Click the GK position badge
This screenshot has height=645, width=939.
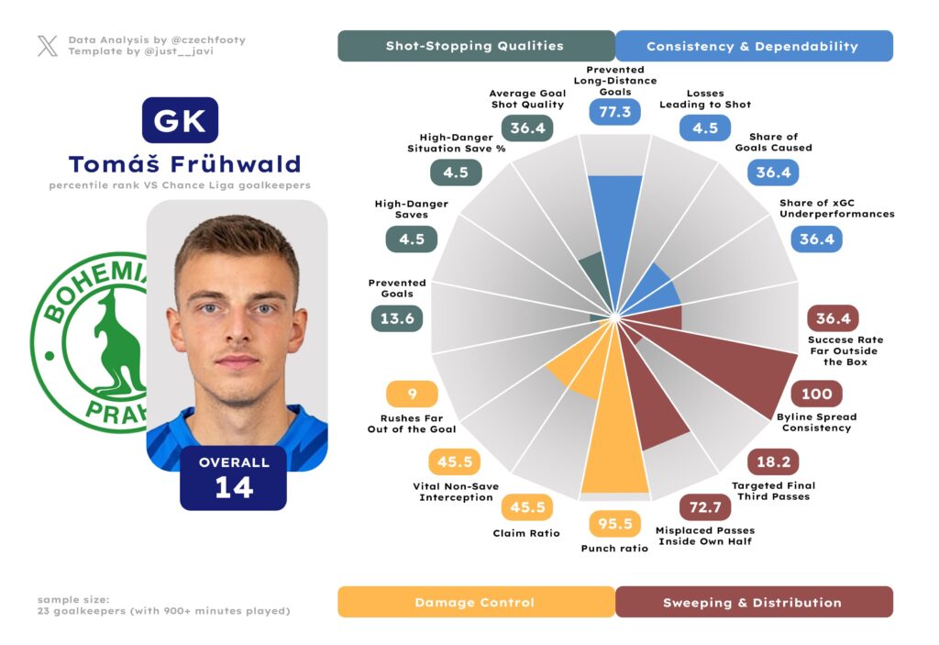click(180, 121)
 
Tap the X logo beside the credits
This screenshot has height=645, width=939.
click(47, 46)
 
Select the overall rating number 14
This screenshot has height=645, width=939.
click(234, 488)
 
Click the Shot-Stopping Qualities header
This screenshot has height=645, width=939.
click(475, 46)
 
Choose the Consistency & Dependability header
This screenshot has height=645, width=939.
click(752, 46)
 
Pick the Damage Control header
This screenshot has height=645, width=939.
click(475, 603)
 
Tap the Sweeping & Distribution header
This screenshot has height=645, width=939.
click(752, 603)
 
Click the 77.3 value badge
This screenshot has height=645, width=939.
click(614, 112)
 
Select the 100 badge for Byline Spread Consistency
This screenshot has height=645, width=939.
click(816, 395)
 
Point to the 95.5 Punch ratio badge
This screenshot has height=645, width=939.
click(614, 524)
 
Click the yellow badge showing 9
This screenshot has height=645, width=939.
click(412, 395)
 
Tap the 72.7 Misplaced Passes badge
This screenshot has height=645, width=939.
click(704, 507)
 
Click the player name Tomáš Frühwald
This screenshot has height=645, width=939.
click(184, 164)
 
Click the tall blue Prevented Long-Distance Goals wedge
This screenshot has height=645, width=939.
click(613, 229)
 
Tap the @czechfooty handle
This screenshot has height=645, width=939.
click(207, 40)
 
